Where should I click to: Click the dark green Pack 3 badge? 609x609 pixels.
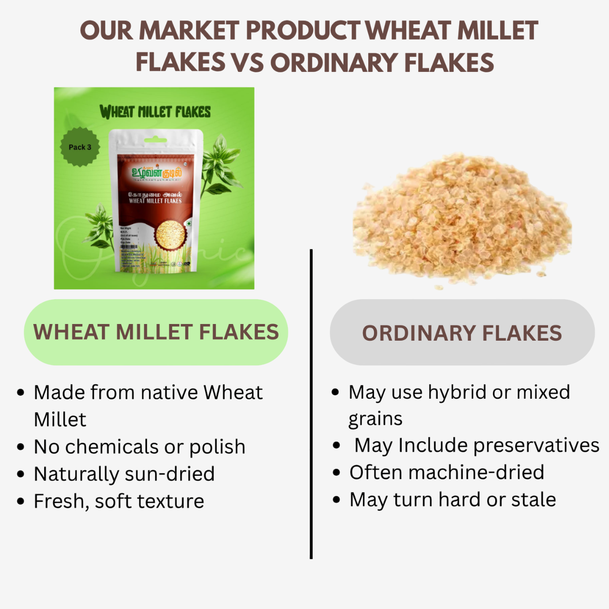(x=79, y=147)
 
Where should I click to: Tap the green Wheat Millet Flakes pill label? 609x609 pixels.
(x=156, y=332)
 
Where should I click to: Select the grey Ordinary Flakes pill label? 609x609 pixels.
(x=462, y=333)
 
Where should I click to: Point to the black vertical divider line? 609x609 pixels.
(x=311, y=404)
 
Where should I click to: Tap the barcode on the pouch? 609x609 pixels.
(x=128, y=248)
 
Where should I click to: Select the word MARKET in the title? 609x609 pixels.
(x=189, y=31)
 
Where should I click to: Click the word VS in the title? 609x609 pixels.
(x=247, y=63)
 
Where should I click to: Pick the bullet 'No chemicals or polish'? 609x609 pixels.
(x=139, y=447)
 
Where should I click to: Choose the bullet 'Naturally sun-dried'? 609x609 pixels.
(x=124, y=474)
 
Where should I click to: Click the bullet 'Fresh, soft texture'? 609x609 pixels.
(x=119, y=501)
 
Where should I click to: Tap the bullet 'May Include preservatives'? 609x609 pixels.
(x=476, y=445)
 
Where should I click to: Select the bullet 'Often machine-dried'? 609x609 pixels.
(x=446, y=472)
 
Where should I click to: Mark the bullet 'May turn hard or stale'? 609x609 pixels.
(x=452, y=500)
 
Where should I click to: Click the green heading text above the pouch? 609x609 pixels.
(x=155, y=112)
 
